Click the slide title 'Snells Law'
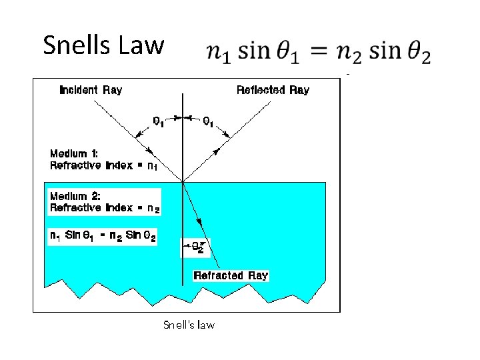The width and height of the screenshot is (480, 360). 103,46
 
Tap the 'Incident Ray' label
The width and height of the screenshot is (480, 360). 91,90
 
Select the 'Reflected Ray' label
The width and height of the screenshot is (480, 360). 273,90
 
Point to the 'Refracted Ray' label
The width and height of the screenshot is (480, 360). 231,275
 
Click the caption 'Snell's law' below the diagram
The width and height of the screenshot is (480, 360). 189,325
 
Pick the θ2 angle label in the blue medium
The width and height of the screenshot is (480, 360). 197,247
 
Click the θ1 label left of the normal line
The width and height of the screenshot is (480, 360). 159,122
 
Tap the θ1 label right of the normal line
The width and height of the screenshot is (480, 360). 208,122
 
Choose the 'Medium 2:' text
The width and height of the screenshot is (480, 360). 73,196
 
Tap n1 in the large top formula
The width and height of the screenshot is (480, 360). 219,53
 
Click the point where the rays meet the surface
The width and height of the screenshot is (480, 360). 182,181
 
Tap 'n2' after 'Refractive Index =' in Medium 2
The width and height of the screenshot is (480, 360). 153,209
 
